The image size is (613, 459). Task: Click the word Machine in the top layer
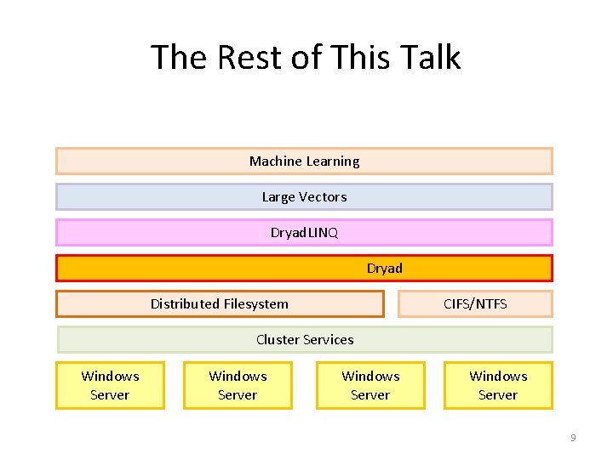276,161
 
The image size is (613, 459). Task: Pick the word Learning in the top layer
333,161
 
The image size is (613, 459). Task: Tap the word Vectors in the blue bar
323,197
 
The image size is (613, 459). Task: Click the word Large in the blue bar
278,197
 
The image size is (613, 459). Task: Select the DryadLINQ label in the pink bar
304,233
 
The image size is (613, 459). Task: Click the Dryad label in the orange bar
384,269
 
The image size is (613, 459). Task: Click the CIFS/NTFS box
475,304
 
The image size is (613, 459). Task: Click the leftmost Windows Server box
110,385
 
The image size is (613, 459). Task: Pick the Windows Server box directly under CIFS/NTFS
498,385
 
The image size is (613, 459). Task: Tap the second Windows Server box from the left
238,385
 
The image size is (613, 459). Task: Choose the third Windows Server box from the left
370,385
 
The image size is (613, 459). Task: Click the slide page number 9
573,438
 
